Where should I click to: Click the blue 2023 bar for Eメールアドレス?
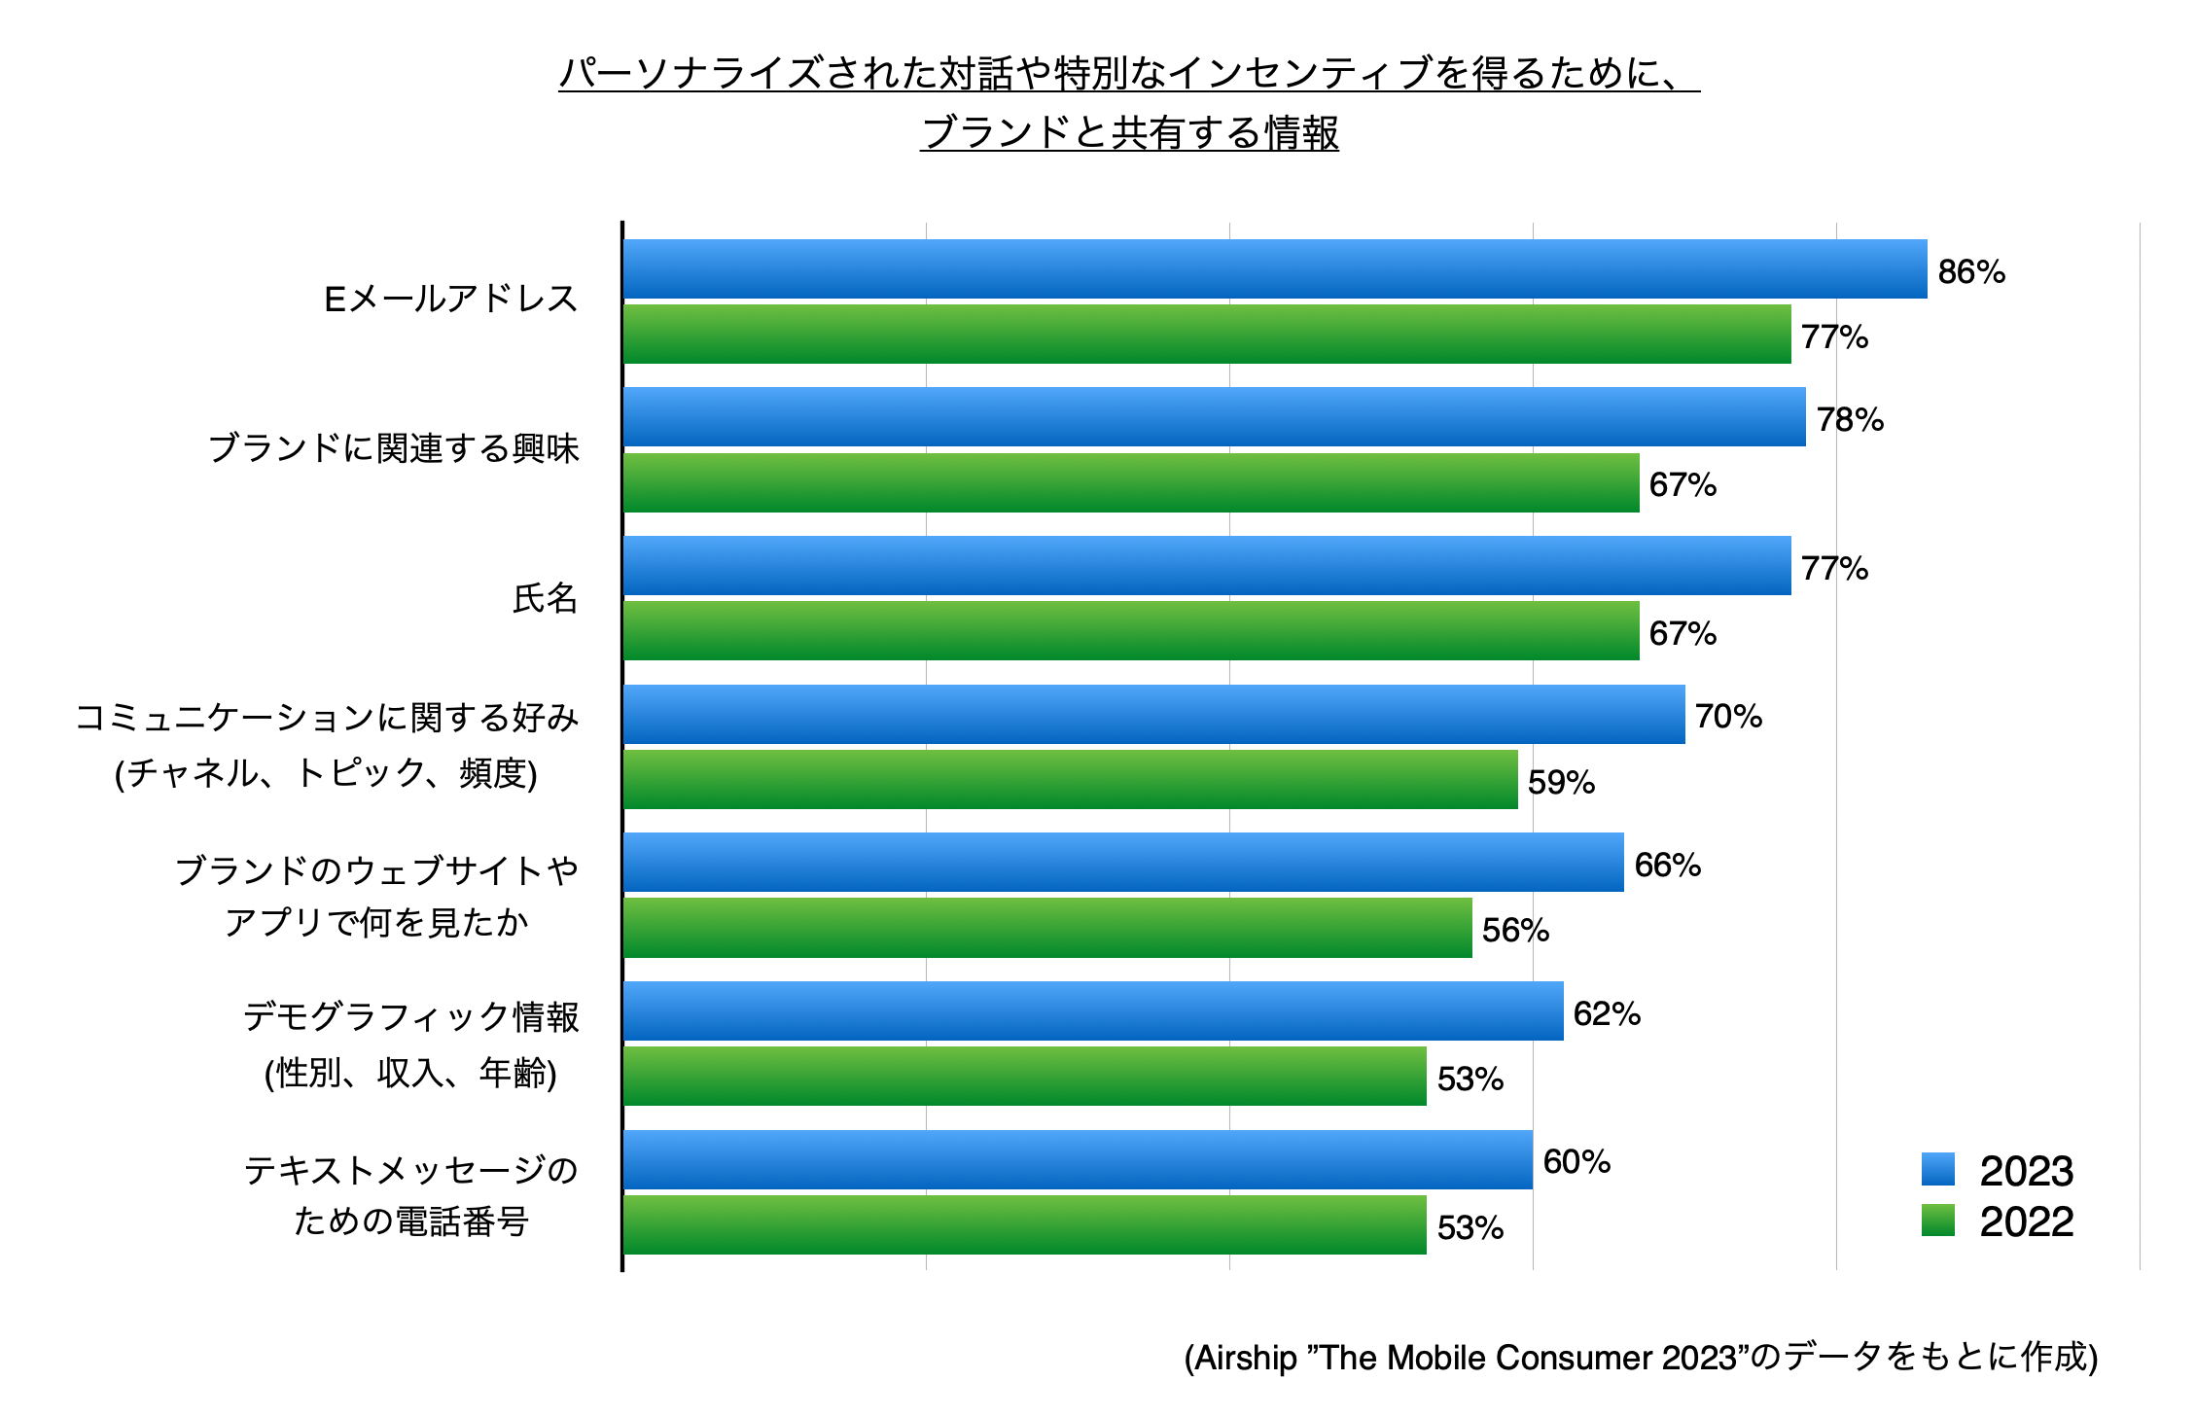[x=1274, y=269]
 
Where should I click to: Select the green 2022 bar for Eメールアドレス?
[x=1206, y=335]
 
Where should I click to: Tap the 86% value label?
[x=1971, y=271]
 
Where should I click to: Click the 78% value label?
[x=1850, y=419]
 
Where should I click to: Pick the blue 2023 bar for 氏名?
[x=1206, y=566]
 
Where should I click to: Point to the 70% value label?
[x=1728, y=717]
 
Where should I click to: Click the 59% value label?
[x=1561, y=782]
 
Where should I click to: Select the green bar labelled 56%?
[x=1047, y=928]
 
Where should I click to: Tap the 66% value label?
[x=1667, y=865]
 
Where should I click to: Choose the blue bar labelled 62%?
[x=1093, y=1011]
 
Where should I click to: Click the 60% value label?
[x=1576, y=1161]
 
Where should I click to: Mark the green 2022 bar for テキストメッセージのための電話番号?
[x=1024, y=1225]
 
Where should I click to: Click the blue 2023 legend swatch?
[x=1937, y=1169]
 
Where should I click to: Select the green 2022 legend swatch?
[x=1937, y=1221]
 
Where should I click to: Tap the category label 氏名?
[x=545, y=598]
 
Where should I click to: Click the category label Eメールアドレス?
[x=451, y=299]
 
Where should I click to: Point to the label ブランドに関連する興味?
[x=394, y=448]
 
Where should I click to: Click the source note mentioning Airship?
[x=1640, y=1357]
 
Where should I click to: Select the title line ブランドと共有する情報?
[x=1129, y=133]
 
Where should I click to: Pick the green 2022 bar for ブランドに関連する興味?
[x=1131, y=483]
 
